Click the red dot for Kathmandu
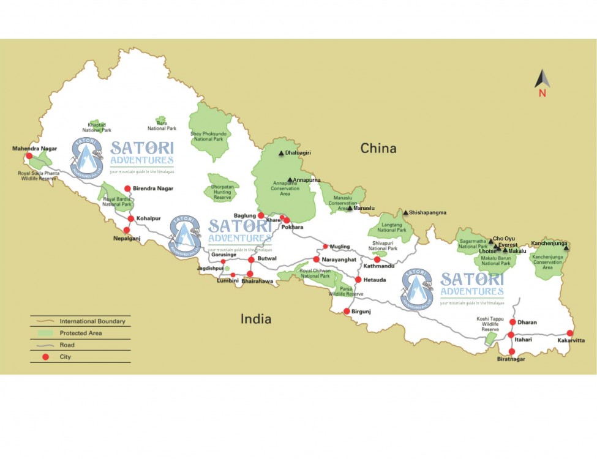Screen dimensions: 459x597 [377, 259]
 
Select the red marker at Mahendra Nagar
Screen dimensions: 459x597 [29, 156]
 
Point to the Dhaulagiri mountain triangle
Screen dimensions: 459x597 [281, 153]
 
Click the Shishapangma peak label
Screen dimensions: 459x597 [427, 213]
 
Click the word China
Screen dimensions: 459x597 [378, 148]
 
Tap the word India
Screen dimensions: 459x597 [256, 318]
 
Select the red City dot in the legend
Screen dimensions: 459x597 [45, 356]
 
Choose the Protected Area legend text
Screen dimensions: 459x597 [81, 333]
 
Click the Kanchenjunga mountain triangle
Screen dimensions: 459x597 [566, 247]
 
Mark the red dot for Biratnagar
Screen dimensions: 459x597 [512, 351]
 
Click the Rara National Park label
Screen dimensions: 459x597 [162, 125]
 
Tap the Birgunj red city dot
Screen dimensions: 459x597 [347, 311]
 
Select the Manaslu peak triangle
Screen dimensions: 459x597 [350, 209]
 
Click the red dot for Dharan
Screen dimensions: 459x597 [513, 322]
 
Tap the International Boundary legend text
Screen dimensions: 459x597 [92, 321]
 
